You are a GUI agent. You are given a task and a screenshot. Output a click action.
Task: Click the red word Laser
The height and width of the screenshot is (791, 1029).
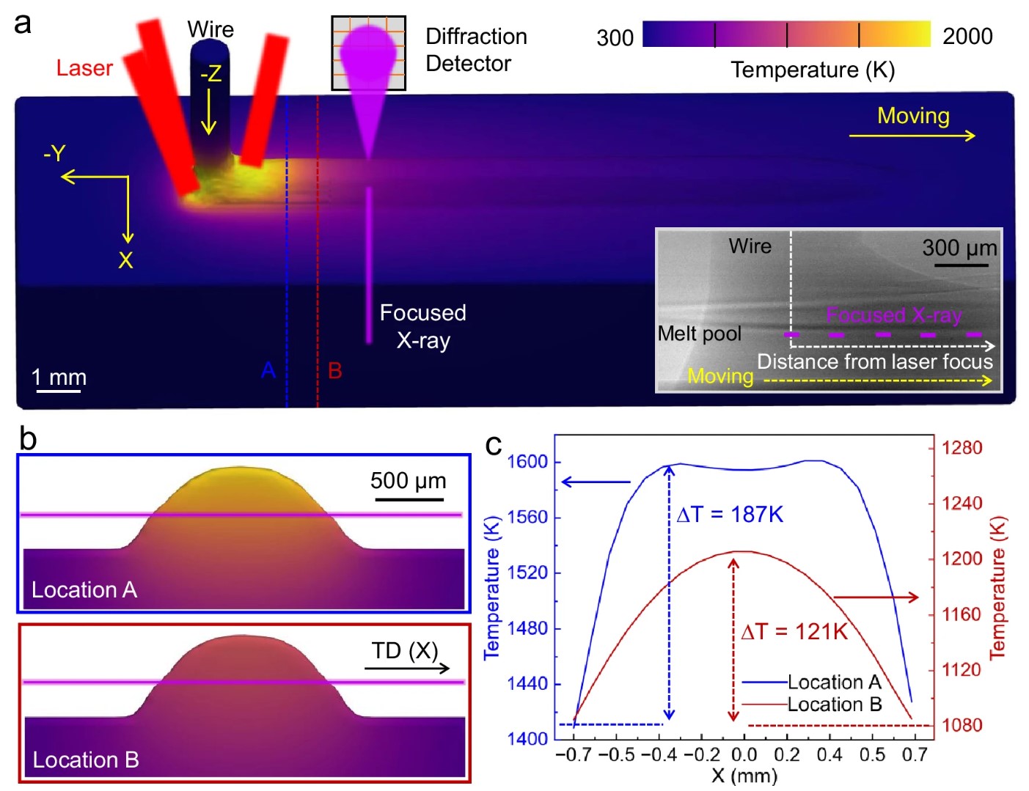pyautogui.click(x=84, y=68)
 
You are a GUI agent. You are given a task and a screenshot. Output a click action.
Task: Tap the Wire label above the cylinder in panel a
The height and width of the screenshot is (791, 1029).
pyautogui.click(x=210, y=29)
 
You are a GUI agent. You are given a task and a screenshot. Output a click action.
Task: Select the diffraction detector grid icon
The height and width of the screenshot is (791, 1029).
pyautogui.click(x=368, y=53)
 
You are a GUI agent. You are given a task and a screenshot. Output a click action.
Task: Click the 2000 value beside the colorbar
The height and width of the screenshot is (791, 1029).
pyautogui.click(x=967, y=36)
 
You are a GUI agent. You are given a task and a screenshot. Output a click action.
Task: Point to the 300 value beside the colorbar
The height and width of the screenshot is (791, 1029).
pyautogui.click(x=615, y=37)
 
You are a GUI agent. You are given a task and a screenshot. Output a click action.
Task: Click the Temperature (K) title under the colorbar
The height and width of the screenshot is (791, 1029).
pyautogui.click(x=812, y=70)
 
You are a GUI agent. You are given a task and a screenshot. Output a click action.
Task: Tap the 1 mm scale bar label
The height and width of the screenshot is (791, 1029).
pyautogui.click(x=59, y=378)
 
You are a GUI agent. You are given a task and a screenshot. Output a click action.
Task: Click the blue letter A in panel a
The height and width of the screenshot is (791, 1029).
pyautogui.click(x=268, y=370)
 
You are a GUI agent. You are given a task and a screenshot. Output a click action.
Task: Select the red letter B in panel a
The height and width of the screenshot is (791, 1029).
pyautogui.click(x=335, y=370)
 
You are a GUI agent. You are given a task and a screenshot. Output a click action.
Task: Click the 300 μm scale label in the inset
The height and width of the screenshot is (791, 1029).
pyautogui.click(x=959, y=248)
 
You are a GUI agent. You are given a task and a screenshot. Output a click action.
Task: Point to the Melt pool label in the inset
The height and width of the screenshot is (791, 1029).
pyautogui.click(x=699, y=334)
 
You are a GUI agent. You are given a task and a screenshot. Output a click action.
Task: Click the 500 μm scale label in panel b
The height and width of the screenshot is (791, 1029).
pyautogui.click(x=408, y=481)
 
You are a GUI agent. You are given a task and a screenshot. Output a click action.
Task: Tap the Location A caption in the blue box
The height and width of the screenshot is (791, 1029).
pyautogui.click(x=84, y=589)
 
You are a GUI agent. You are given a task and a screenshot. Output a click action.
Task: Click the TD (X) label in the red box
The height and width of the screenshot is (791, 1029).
pyautogui.click(x=404, y=651)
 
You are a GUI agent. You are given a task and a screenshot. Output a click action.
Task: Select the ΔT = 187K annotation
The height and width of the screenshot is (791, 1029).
pyautogui.click(x=730, y=515)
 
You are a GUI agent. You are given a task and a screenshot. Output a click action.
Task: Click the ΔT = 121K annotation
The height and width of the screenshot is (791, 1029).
pyautogui.click(x=794, y=632)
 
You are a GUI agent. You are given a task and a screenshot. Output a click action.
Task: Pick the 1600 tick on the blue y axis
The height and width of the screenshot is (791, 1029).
pyautogui.click(x=527, y=462)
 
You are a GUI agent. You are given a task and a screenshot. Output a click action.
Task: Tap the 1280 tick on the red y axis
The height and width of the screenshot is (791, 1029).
pyautogui.click(x=962, y=448)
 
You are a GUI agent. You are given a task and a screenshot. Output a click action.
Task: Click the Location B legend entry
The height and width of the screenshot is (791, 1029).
pyautogui.click(x=834, y=704)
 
